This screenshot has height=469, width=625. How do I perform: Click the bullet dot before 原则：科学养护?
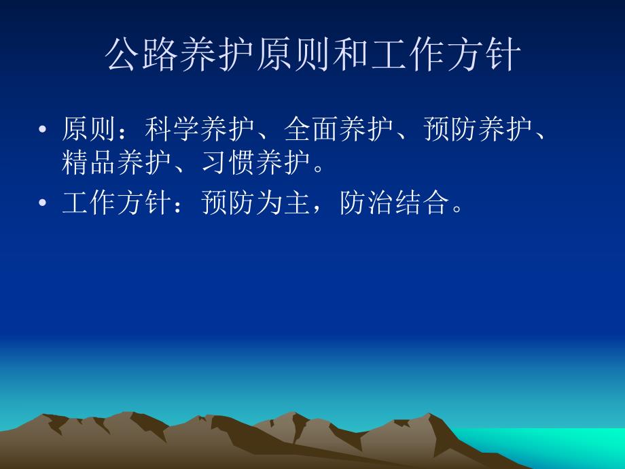click(x=44, y=130)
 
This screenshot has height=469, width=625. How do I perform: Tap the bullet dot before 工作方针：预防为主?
click(x=44, y=204)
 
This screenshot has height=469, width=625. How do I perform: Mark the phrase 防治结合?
click(x=396, y=203)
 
